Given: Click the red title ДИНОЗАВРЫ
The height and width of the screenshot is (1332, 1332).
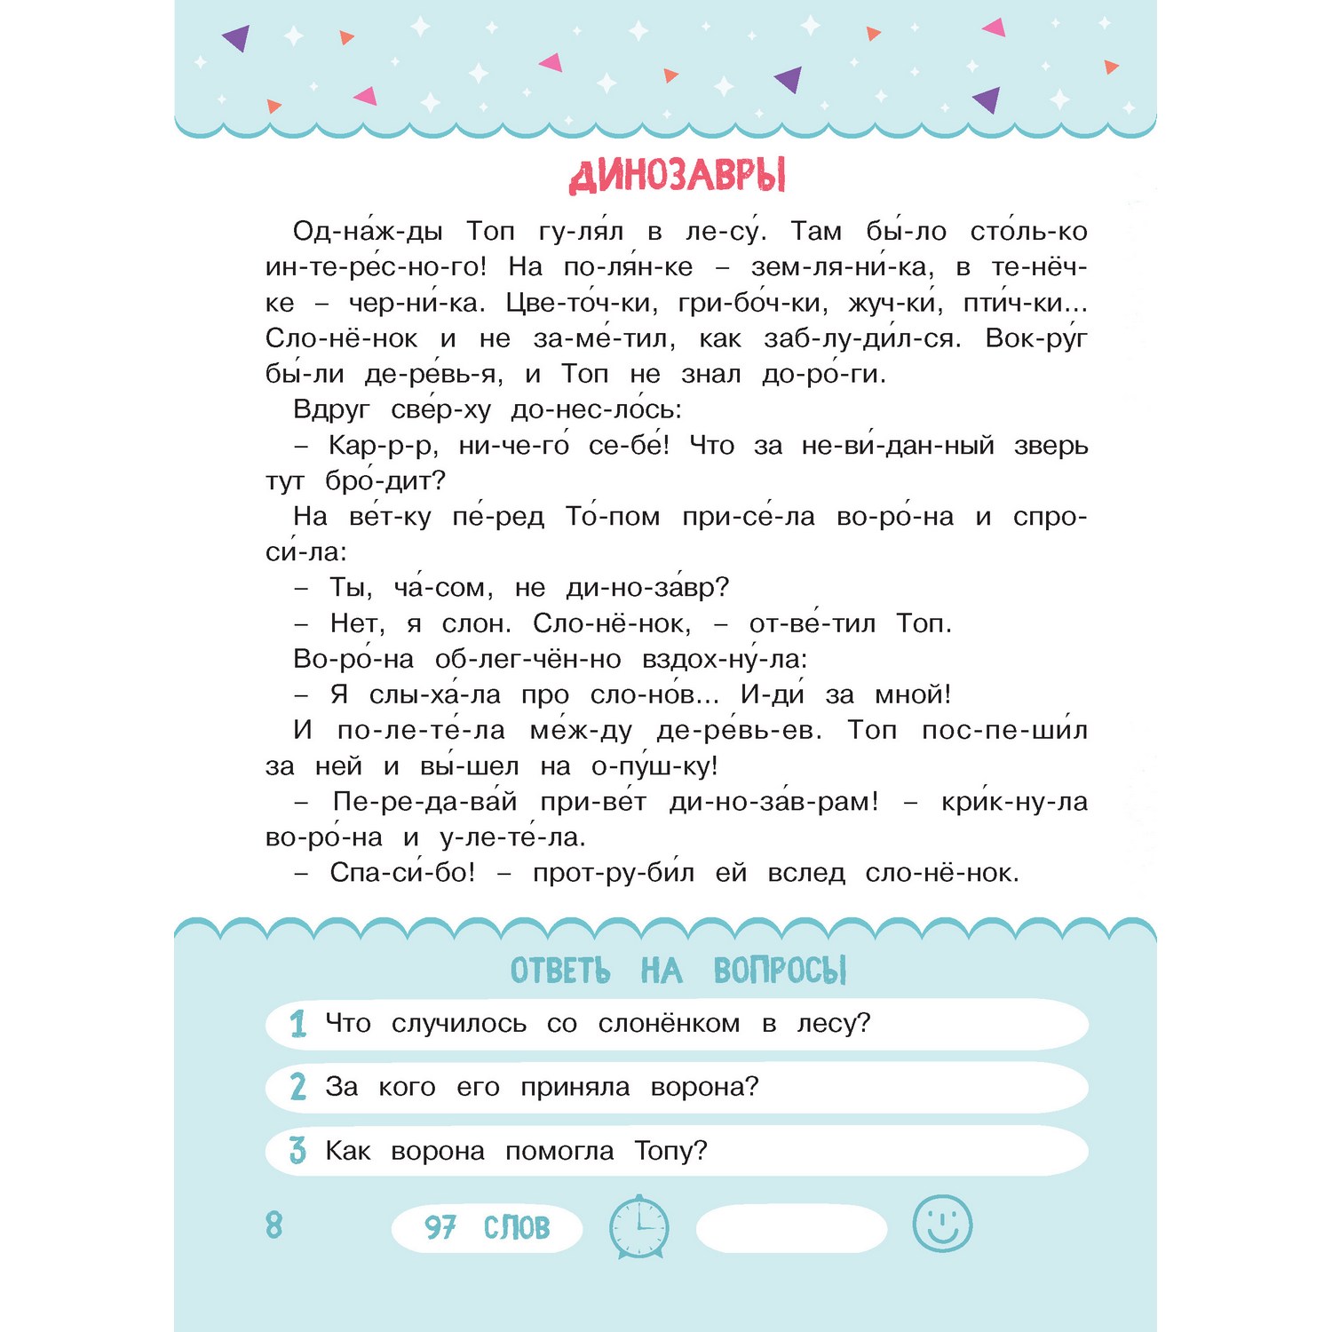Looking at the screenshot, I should pos(677,176).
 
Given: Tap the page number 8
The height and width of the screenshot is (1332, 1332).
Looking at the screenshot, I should pos(274,1225).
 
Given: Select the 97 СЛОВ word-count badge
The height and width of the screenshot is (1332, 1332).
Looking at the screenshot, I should pos(487,1228).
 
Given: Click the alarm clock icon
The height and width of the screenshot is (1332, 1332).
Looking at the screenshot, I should pos(638,1226).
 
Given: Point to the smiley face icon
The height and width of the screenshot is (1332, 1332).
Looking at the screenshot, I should pos(942,1224).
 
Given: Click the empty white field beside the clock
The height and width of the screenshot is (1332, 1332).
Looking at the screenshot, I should pos(791,1228).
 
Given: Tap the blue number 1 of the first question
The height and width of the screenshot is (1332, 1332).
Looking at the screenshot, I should pos(298,1024).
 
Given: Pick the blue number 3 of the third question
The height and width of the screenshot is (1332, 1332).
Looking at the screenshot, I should pos(298,1151).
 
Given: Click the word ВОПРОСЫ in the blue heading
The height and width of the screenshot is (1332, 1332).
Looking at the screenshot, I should pos(780,971).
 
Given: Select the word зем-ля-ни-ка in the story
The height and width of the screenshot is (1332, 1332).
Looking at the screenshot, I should pos(843,267).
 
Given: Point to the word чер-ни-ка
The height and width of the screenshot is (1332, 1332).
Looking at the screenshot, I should pos(416,303).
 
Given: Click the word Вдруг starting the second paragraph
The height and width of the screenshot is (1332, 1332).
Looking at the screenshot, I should pos(331,410).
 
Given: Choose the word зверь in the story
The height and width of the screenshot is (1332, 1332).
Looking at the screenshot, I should pos(1051,446).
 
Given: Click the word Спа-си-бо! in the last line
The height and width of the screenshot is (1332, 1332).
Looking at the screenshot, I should pos(402,873).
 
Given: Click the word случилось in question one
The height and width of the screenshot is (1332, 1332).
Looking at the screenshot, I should pos(459,1024).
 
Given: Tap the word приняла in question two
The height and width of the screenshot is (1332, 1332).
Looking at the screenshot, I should pos(575,1088).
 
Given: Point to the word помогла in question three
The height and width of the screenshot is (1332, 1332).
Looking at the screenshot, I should pos(559,1152).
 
